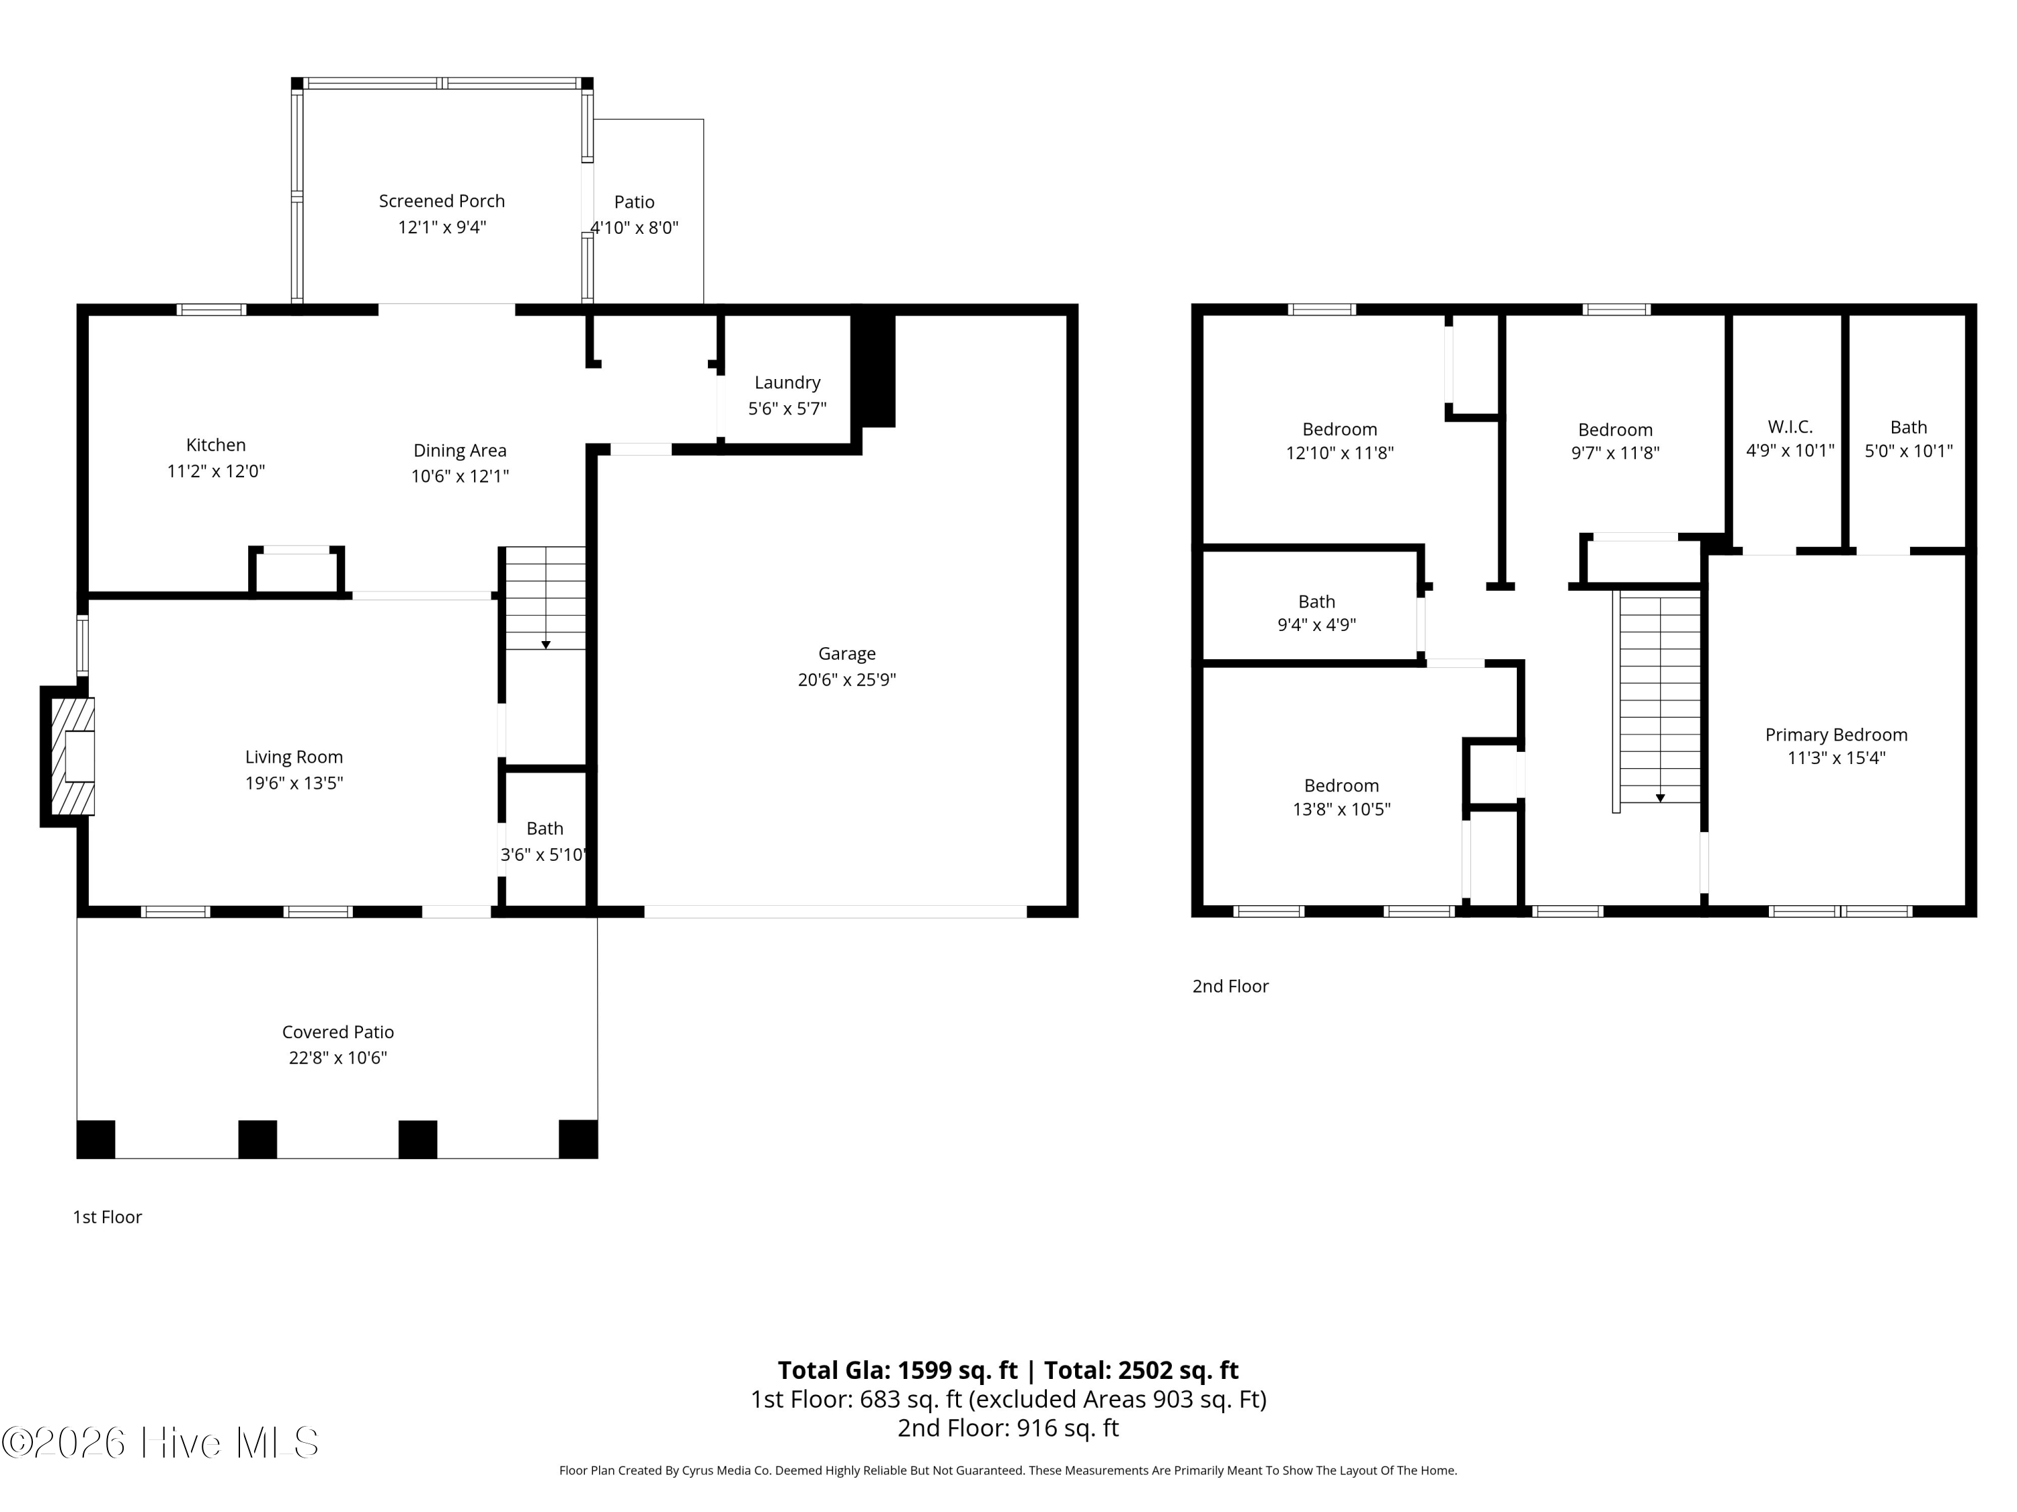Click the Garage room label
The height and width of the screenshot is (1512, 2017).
click(x=846, y=653)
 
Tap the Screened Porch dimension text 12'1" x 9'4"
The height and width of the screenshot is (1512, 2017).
click(x=442, y=227)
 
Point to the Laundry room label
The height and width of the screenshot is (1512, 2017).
click(x=787, y=383)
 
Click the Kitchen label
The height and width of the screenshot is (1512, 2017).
click(x=216, y=445)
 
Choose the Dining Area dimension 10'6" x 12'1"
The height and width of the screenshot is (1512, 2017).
click(x=460, y=476)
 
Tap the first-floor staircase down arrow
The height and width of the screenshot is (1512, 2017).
click(x=545, y=644)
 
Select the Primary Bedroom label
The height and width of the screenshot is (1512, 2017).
click(x=1836, y=734)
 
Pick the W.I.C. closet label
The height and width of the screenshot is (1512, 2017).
click(x=1790, y=427)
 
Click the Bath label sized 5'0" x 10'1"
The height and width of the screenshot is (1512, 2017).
click(x=1909, y=427)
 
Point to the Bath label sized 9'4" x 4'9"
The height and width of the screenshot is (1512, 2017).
click(x=1316, y=601)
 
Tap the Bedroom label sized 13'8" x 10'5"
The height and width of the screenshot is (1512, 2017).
click(x=1341, y=786)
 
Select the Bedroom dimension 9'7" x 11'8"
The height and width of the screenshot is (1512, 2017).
click(x=1615, y=453)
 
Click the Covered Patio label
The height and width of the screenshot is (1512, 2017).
click(x=338, y=1032)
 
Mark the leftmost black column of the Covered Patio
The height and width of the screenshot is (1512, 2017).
click(x=95, y=1139)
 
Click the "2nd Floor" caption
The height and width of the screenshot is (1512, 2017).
click(x=1230, y=986)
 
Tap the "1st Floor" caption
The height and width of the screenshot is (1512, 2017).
click(x=108, y=1217)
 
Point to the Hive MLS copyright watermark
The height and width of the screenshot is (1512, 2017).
click(x=161, y=1443)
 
